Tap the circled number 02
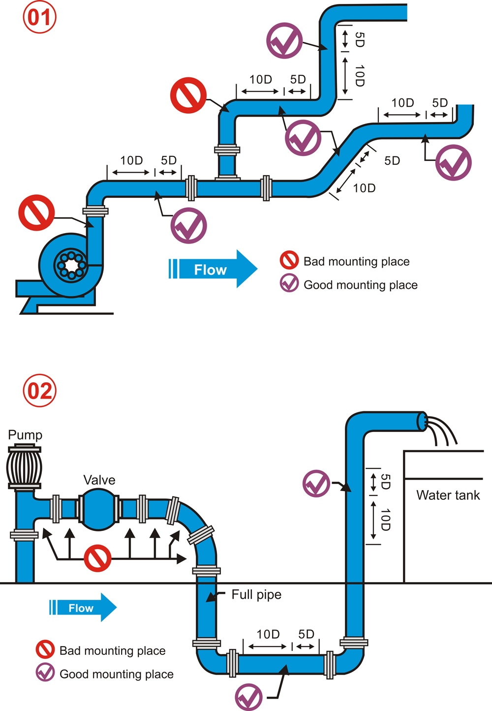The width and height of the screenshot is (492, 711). (40, 391)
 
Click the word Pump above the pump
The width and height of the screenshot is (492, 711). (25, 435)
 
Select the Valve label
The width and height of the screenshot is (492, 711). (99, 480)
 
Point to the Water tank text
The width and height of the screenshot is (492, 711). (448, 495)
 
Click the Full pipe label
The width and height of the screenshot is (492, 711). (256, 594)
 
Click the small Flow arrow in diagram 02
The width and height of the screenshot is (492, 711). (83, 608)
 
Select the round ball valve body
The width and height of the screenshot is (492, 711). (98, 509)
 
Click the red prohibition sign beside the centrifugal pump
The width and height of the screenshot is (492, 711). (36, 213)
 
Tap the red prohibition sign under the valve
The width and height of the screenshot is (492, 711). (97, 558)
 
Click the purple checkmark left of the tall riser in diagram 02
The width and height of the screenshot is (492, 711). (316, 483)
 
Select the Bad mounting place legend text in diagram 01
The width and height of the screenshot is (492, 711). (356, 261)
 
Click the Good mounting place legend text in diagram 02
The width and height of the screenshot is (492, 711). (116, 674)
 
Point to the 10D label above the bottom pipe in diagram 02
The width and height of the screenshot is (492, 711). (268, 634)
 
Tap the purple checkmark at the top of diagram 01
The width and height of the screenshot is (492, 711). (284, 41)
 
